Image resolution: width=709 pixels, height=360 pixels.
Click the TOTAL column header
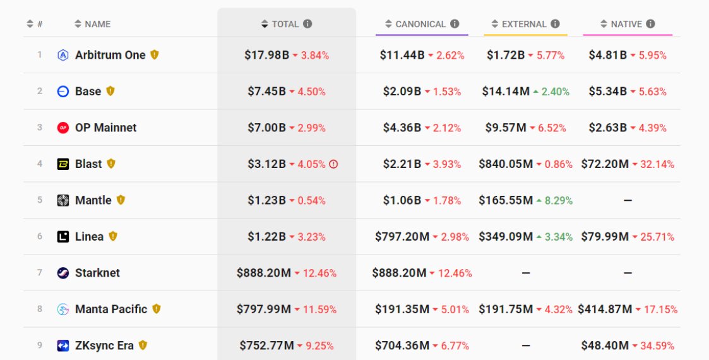pyautogui.click(x=285, y=24)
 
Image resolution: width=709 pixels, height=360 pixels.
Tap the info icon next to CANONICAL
pyautogui.click(x=455, y=24)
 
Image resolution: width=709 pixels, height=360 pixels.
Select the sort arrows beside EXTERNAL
pyautogui.click(x=495, y=24)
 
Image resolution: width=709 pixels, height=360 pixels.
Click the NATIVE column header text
pyautogui.click(x=626, y=24)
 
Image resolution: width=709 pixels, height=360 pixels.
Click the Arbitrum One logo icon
pyautogui.click(x=63, y=55)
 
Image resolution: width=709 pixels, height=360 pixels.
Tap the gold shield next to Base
pyautogui.click(x=110, y=91)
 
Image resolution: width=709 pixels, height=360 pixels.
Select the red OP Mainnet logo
pyautogui.click(x=63, y=128)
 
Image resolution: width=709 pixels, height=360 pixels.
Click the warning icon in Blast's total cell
pyautogui.click(x=333, y=164)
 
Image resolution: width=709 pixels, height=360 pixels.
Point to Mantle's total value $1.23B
pyautogui.click(x=266, y=200)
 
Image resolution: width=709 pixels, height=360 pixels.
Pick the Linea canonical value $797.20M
pyautogui.click(x=402, y=237)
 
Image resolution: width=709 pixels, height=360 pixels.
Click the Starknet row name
pyautogui.click(x=97, y=273)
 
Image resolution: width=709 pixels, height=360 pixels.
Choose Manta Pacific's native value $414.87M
pyautogui.click(x=605, y=309)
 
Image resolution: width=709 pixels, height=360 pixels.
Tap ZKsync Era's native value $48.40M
pyautogui.click(x=605, y=345)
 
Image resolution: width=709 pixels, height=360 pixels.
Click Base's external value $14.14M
pyautogui.click(x=506, y=92)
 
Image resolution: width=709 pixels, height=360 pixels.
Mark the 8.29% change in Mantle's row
pyautogui.click(x=559, y=200)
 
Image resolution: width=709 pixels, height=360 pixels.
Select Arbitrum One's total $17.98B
pyautogui.click(x=267, y=55)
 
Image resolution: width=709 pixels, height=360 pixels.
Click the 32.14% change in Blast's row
pyautogui.click(x=657, y=164)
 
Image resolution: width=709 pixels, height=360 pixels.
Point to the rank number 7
pyautogui.click(x=40, y=273)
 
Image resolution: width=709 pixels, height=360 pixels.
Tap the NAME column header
pyautogui.click(x=98, y=24)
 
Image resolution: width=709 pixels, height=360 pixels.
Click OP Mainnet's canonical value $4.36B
pyautogui.click(x=402, y=128)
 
